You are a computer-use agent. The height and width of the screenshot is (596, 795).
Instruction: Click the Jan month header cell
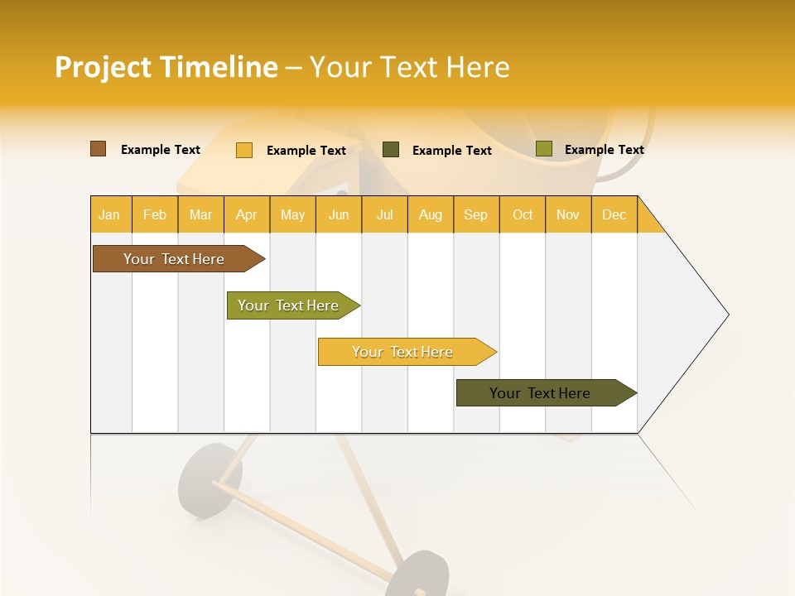pos(110,214)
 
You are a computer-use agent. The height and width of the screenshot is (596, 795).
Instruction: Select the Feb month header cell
pos(155,214)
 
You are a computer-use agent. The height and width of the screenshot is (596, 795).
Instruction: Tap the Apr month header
pos(247,214)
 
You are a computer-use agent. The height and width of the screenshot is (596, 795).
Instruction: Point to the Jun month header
pos(339,214)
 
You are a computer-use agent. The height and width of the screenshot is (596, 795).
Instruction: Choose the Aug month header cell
pos(431,214)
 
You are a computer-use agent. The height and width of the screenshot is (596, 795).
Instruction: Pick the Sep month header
pos(476,214)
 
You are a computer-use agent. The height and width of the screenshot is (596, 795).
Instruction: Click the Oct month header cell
pos(523,214)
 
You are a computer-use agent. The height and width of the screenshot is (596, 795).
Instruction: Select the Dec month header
pos(614,214)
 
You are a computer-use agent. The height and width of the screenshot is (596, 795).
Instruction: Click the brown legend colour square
pos(99,149)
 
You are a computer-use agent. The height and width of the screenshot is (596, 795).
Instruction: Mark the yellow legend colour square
pos(244,150)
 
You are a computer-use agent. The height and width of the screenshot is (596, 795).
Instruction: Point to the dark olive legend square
pos(391,150)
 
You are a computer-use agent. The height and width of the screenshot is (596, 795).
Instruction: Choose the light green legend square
pos(543,149)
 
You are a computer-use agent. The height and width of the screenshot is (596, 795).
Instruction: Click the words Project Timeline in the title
pos(166,67)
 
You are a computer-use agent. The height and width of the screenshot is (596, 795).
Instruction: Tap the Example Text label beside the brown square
pos(161,150)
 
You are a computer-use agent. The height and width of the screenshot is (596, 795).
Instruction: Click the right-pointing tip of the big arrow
pos(725,315)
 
